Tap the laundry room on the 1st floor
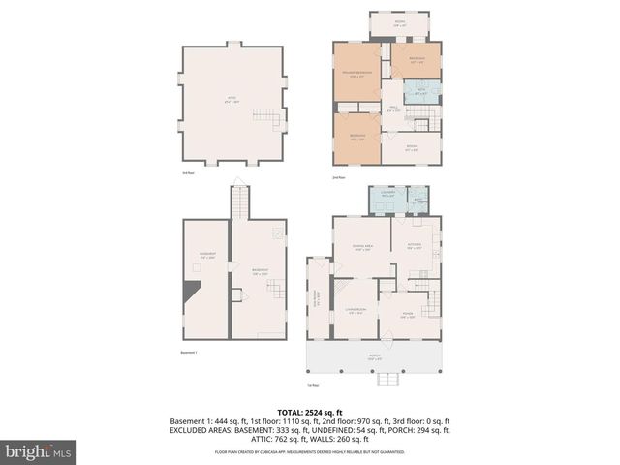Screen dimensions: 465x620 point(387,199)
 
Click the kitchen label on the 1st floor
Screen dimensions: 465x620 point(414,246)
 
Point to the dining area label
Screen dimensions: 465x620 point(360,246)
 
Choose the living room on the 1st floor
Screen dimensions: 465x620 point(356,312)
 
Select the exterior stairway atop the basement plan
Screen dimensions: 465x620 point(239,201)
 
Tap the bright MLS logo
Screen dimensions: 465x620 point(39,451)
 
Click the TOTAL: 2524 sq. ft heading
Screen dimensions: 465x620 point(310,411)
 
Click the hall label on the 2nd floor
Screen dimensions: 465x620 point(394,108)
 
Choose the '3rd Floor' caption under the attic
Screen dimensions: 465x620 point(188,172)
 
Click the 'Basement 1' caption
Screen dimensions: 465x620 point(189,352)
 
